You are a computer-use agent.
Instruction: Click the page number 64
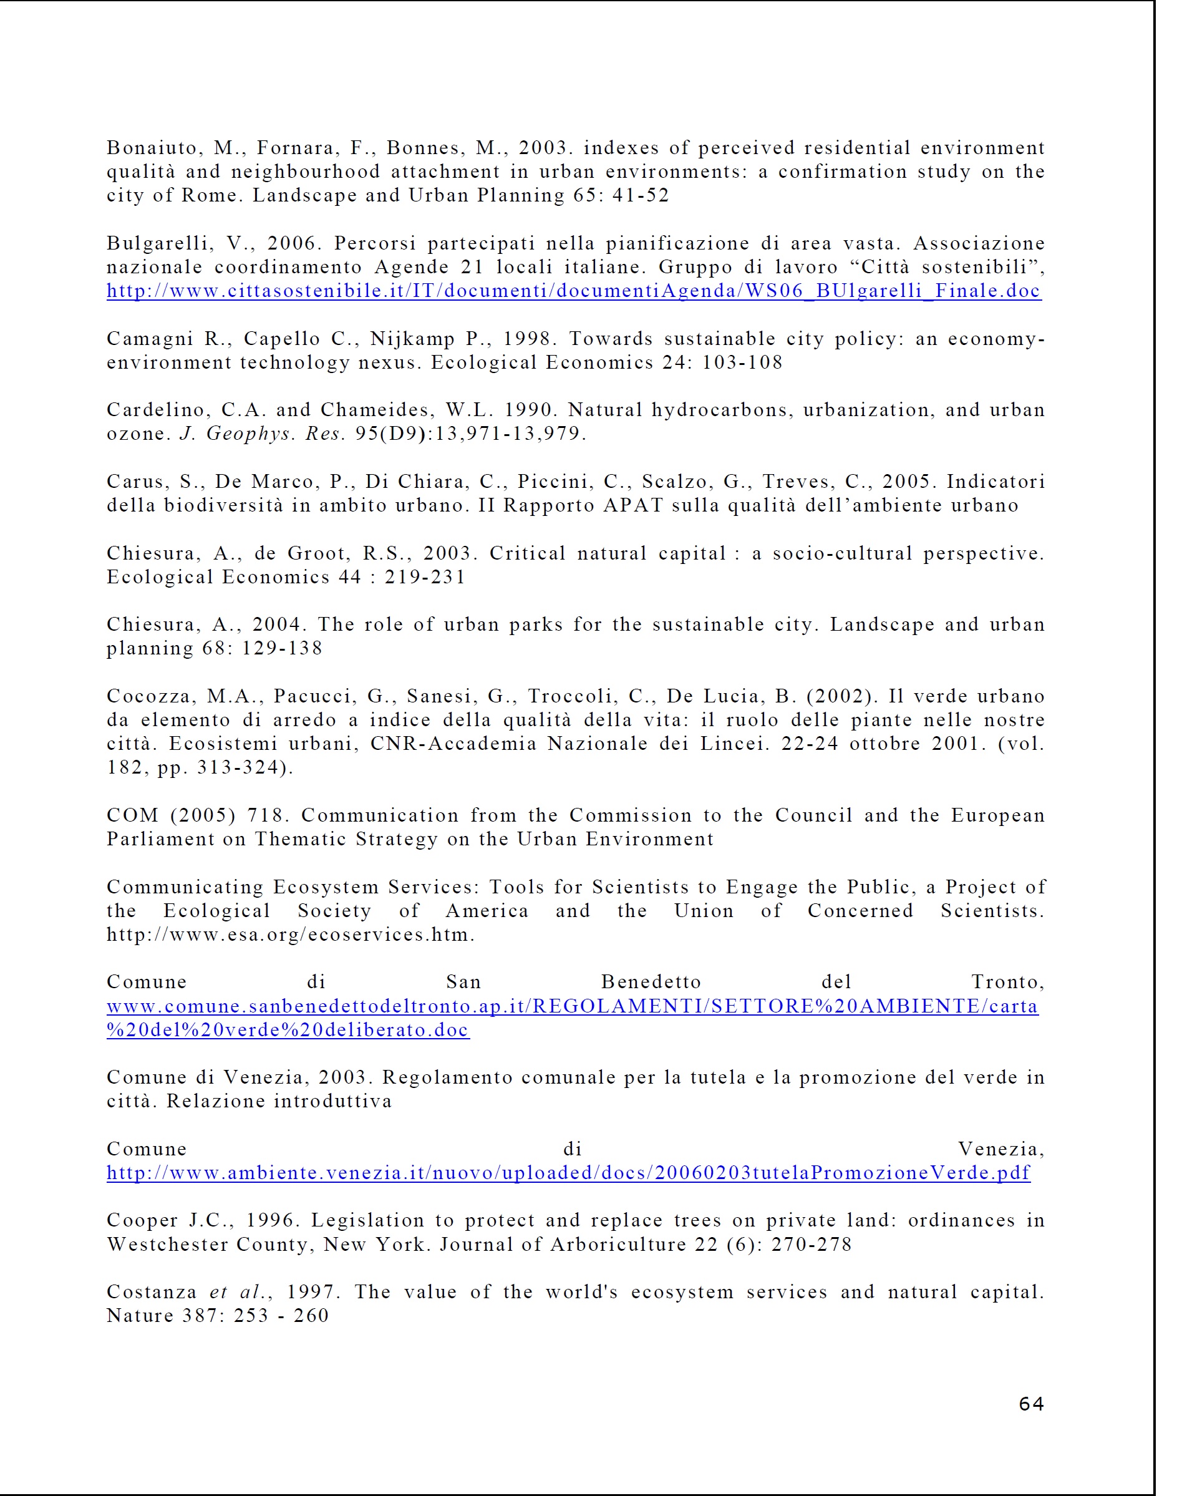click(1031, 1404)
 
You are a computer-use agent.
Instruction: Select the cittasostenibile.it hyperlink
click(573, 291)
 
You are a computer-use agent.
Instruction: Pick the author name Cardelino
click(158, 410)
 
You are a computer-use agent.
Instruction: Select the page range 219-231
click(425, 577)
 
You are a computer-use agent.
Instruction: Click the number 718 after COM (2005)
click(264, 815)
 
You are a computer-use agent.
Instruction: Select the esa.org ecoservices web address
click(289, 935)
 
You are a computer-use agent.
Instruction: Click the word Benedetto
click(651, 982)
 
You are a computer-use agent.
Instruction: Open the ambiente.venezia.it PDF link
click(568, 1173)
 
